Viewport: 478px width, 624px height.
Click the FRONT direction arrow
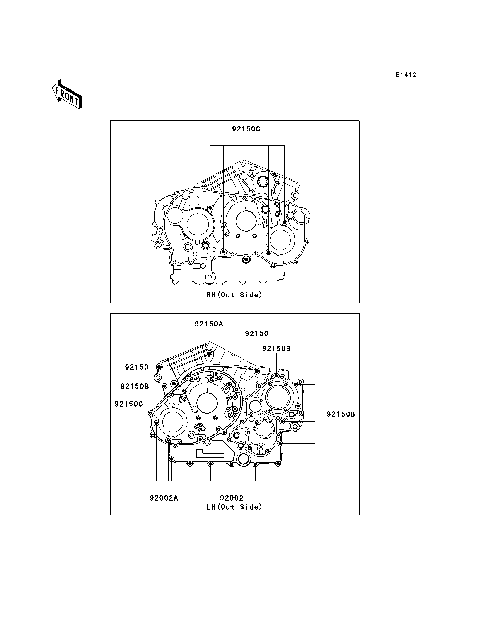coord(67,94)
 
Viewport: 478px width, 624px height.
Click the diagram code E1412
coord(406,75)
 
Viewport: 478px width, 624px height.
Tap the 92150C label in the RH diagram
coord(246,129)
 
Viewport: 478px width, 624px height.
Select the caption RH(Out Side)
coord(234,295)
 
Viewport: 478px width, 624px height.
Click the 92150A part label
coord(209,324)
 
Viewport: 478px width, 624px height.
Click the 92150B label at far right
coord(341,414)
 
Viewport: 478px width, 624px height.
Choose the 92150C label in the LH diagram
coord(129,404)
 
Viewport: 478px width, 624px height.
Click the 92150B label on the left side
coord(135,386)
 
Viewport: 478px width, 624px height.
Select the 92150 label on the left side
coord(137,367)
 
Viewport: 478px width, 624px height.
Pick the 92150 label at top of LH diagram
coord(257,333)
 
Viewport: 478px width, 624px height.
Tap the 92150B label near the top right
coord(277,349)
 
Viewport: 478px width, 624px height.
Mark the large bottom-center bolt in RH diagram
coord(246,259)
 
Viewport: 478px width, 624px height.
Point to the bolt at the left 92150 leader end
coord(159,367)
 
